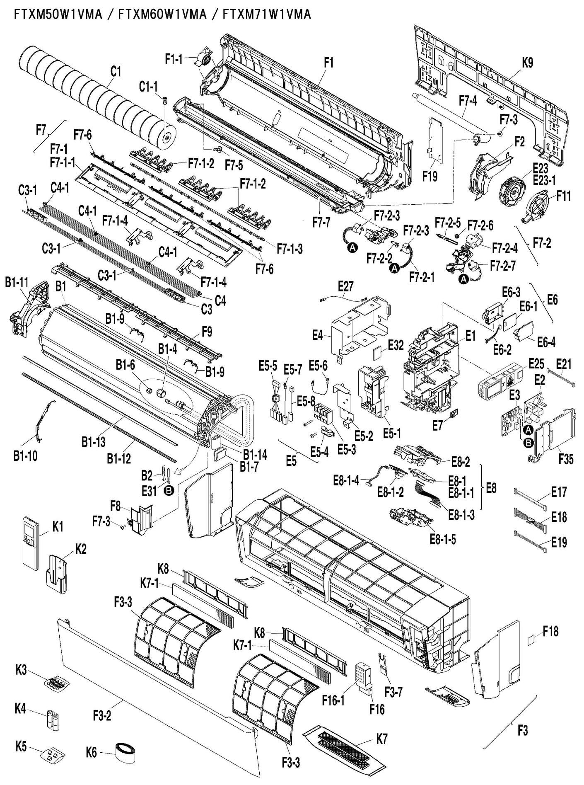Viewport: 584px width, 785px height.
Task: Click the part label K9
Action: click(x=527, y=63)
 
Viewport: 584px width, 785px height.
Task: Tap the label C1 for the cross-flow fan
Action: click(x=116, y=72)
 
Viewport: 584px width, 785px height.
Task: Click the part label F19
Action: click(x=430, y=177)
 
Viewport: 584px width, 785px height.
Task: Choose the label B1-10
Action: click(x=26, y=456)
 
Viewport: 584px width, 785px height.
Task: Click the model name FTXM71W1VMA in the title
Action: click(x=266, y=15)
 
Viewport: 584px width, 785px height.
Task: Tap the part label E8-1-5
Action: click(x=443, y=540)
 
